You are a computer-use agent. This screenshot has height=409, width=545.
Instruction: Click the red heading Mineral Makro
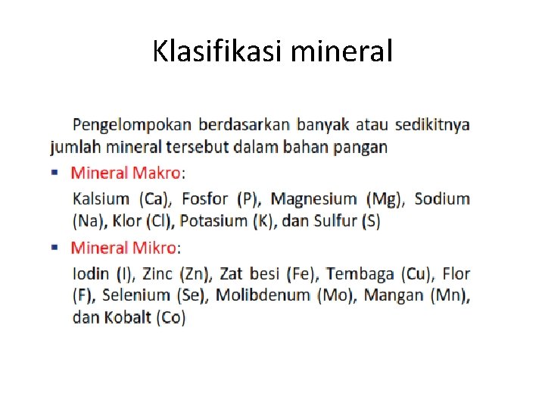[126, 173]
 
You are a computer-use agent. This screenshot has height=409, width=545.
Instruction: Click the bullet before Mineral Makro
[55, 172]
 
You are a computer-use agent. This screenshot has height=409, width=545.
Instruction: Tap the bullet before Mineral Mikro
[55, 247]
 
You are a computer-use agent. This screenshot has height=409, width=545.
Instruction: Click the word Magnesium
[313, 199]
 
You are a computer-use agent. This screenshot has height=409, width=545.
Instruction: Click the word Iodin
[90, 273]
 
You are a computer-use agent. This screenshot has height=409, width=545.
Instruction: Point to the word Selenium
[135, 295]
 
